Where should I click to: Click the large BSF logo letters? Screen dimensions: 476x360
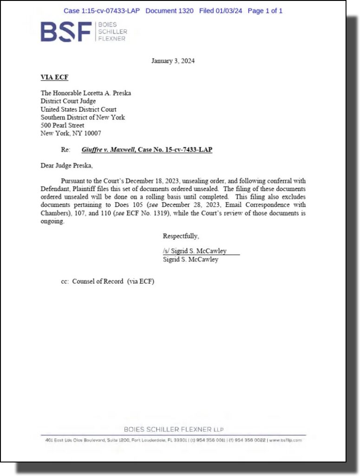click(66, 31)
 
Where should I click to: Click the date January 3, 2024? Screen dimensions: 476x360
click(173, 61)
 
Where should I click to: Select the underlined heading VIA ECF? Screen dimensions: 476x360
click(54, 77)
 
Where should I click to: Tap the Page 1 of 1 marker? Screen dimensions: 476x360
click(265, 11)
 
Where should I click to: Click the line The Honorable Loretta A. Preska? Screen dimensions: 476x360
click(86, 93)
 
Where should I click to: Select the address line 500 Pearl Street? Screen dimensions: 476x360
click(63, 125)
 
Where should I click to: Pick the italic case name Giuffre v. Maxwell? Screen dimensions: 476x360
click(105, 149)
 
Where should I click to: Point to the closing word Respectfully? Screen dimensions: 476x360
click(181, 236)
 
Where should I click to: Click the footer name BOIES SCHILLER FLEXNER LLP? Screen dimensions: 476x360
click(173, 430)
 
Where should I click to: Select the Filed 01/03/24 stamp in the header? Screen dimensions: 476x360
click(221, 11)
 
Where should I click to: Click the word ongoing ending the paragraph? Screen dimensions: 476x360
click(52, 221)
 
